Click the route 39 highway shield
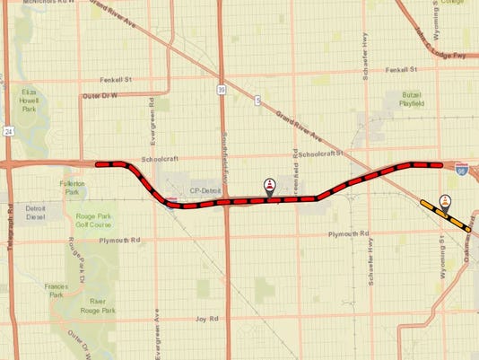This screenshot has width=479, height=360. click(x=220, y=88)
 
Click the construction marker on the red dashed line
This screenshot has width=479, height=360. click(x=270, y=186)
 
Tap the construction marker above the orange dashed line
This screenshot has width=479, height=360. click(x=445, y=202)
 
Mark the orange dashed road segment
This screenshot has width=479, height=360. click(x=446, y=215)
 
